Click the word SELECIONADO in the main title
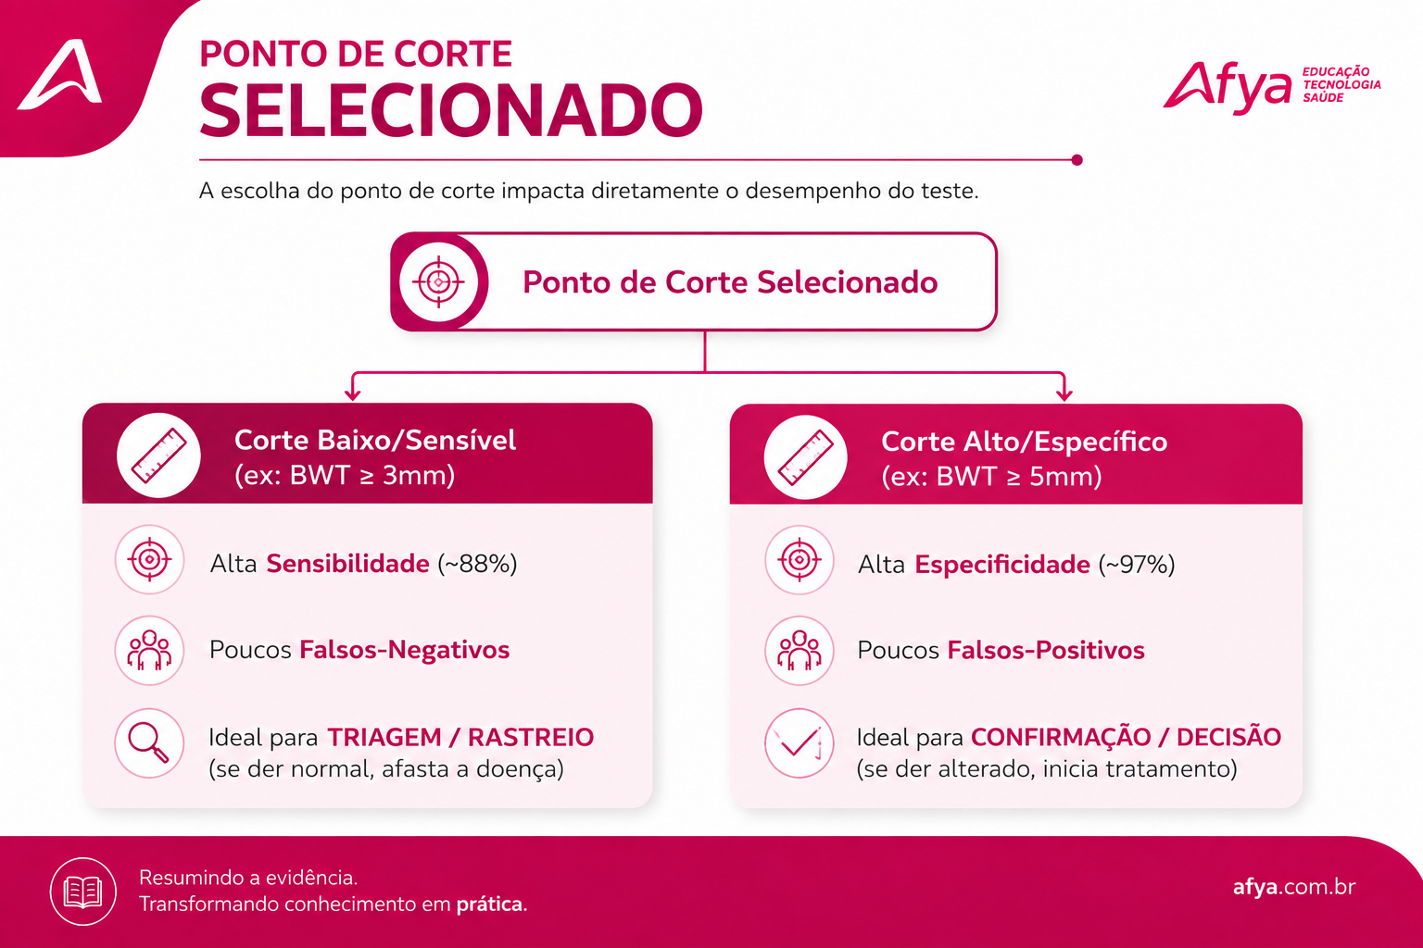point(451,110)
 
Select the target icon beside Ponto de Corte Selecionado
point(438,281)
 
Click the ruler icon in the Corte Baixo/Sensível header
point(158,455)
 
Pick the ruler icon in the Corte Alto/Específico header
point(805,456)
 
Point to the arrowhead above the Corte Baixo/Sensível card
point(353,393)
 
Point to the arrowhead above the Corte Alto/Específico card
point(1064,393)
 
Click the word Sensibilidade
point(347,564)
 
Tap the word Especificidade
point(1001,565)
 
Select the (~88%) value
point(477,564)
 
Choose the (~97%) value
point(1137,565)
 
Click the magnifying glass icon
point(149,742)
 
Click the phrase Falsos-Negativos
point(404,650)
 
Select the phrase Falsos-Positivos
point(1046,650)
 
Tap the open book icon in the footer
point(83,892)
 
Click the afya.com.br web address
point(1294,886)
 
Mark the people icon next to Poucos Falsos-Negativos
point(149,650)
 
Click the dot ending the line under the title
point(1077,160)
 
